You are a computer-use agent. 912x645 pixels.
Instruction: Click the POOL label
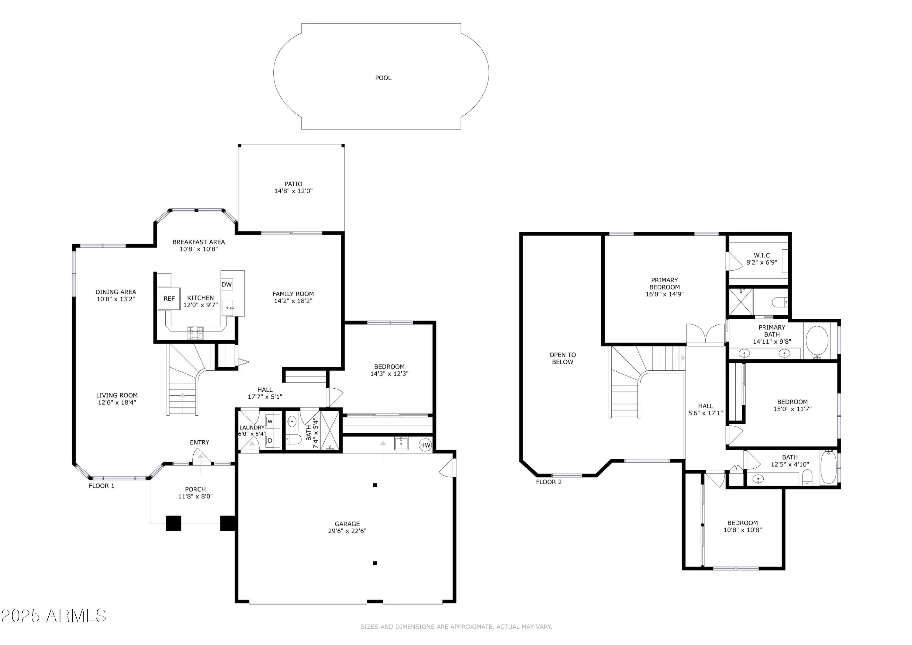pos(383,78)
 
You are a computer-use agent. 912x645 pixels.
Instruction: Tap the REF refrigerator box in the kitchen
pos(169,298)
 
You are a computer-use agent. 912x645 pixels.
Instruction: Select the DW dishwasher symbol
pos(226,285)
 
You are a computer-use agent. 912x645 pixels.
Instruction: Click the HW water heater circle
pos(425,445)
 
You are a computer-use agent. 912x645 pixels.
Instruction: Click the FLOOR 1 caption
pos(102,486)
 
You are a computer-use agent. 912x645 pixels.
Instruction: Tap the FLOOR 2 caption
pos(549,482)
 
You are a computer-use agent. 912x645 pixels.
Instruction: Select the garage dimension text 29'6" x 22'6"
pos(347,531)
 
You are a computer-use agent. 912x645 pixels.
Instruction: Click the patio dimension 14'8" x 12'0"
pos(294,191)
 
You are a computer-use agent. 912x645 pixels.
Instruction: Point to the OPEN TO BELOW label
pos(562,359)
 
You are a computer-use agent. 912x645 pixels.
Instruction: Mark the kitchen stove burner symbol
pos(195,333)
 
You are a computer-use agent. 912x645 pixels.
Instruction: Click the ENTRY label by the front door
pos(199,442)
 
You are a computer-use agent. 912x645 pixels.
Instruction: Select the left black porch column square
pos(174,523)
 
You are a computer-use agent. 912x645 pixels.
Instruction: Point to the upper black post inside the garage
pos(375,485)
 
